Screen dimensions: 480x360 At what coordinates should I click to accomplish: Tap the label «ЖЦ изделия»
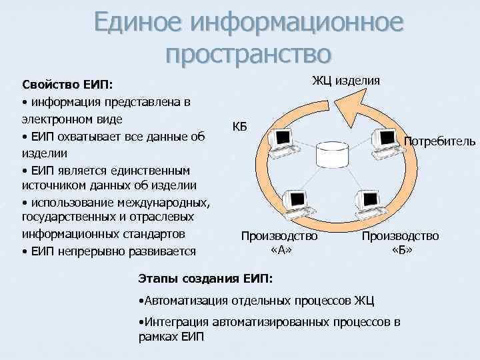tap(347, 81)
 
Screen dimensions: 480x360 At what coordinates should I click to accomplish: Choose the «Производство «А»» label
tap(279, 243)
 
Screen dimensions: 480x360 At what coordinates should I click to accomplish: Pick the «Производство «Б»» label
tap(401, 243)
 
